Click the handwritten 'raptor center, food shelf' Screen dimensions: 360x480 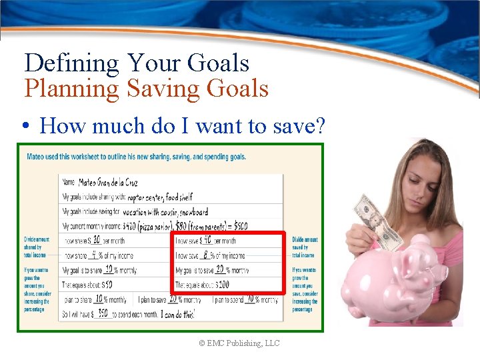coord(159,197)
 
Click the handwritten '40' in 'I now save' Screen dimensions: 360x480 coord(207,239)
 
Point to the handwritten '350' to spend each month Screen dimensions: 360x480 coord(103,313)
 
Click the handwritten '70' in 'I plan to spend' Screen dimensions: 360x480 coord(251,299)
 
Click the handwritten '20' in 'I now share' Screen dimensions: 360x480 coord(96,239)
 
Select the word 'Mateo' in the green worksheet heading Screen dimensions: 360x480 coord(37,157)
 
